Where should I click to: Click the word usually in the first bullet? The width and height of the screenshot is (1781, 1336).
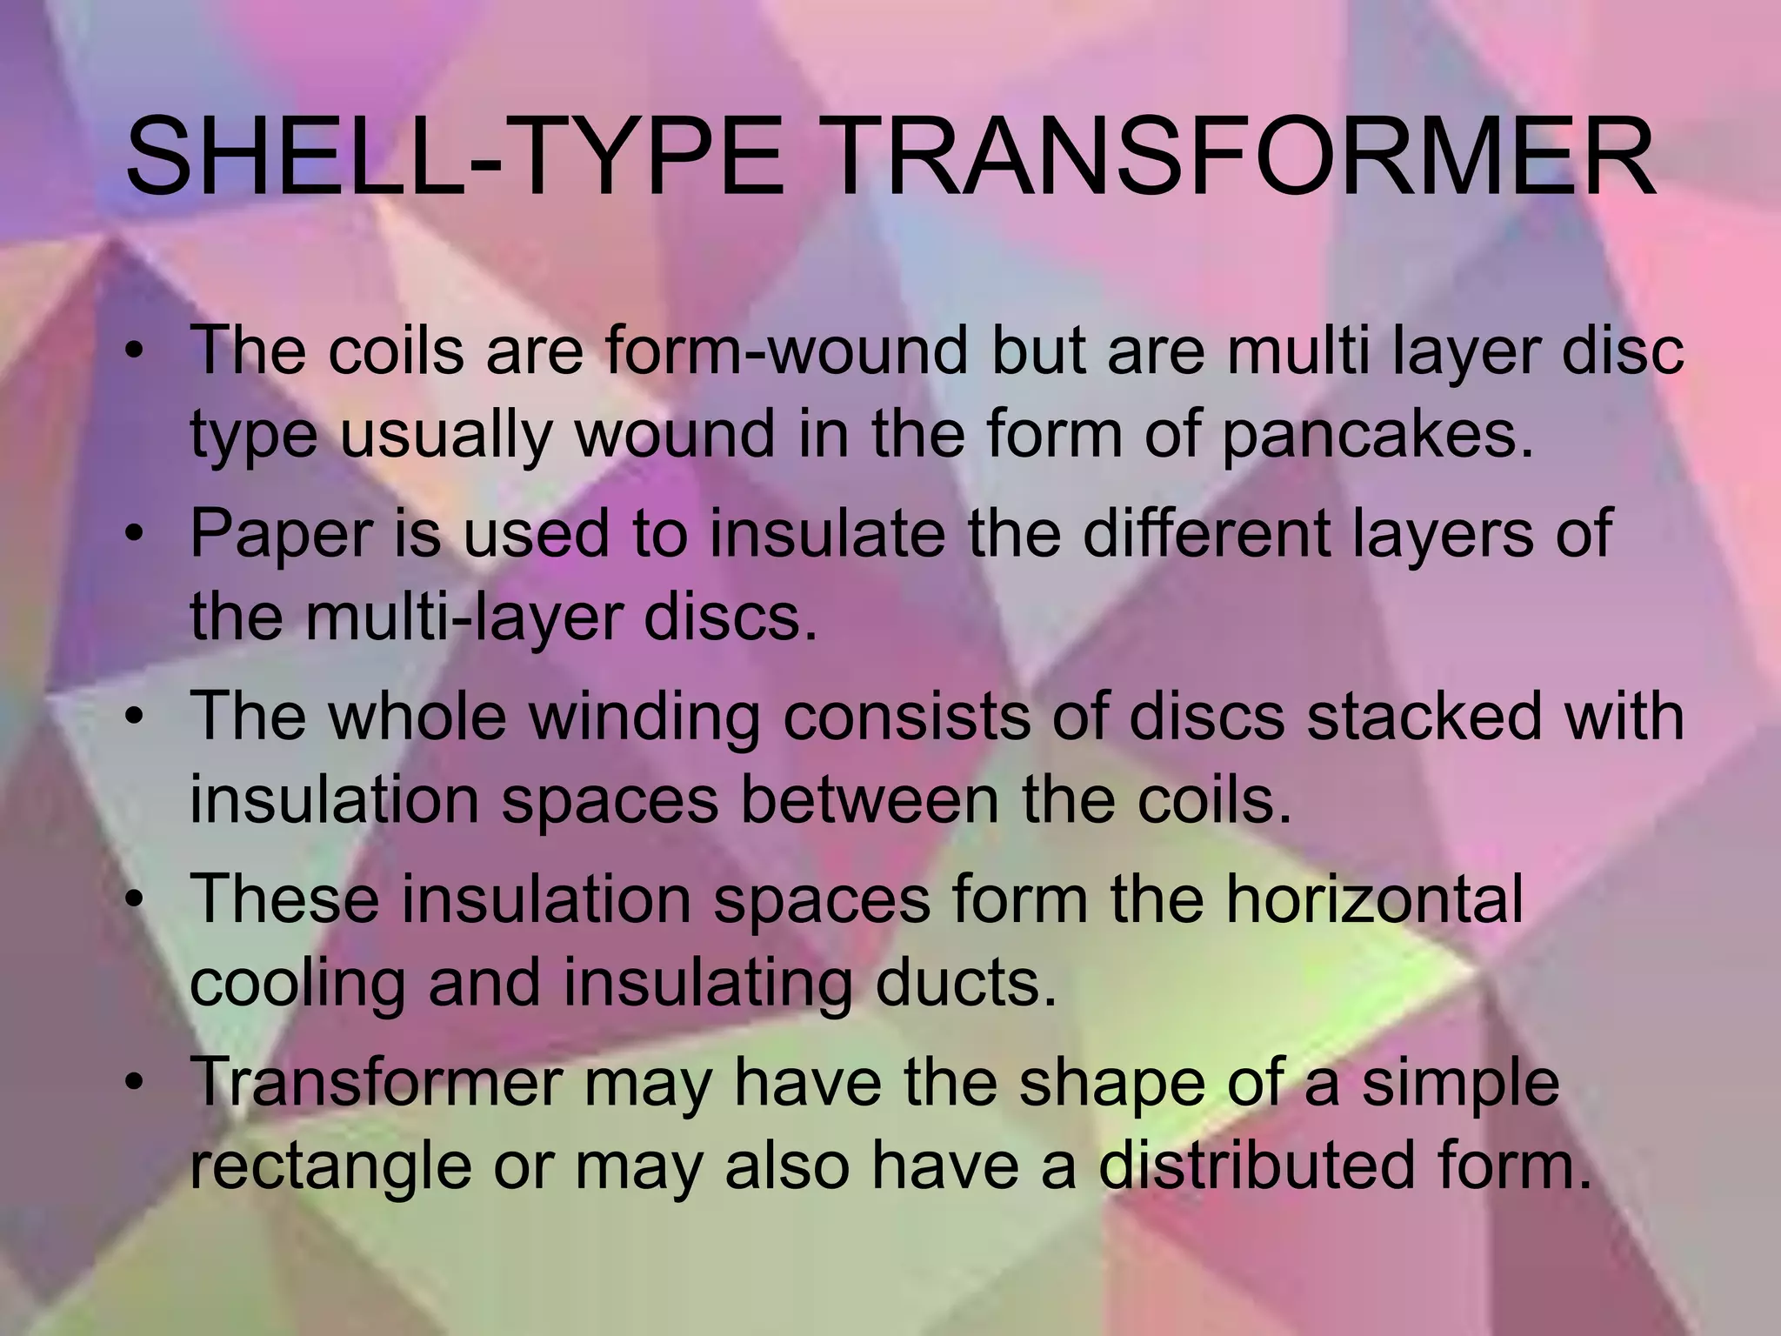446,437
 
